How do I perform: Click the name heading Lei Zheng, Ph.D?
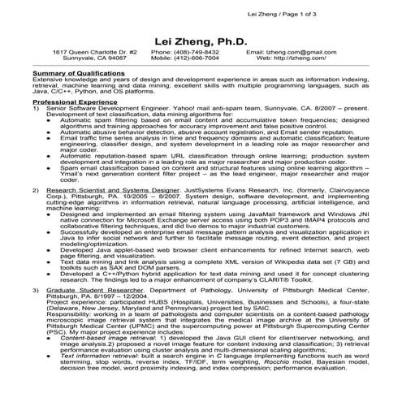[x=201, y=41]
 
